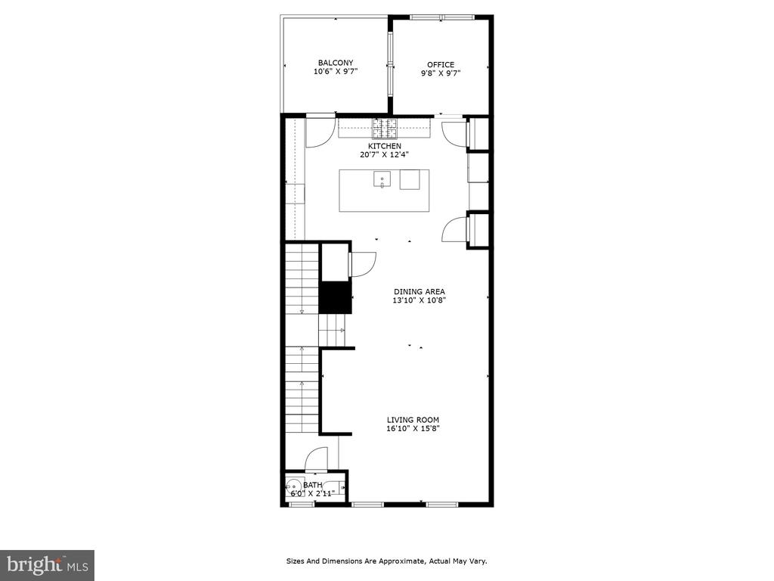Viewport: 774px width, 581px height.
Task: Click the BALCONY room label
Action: tap(336, 63)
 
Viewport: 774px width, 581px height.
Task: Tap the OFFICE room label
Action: tap(441, 65)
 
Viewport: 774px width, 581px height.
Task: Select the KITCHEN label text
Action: tap(385, 146)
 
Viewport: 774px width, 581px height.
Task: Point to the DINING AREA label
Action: tap(419, 291)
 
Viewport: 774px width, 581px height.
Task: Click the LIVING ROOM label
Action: tap(413, 420)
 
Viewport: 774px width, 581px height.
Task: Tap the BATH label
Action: tap(312, 485)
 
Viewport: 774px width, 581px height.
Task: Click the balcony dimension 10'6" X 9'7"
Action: tap(336, 71)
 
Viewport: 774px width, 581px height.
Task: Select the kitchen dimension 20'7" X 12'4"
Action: tap(385, 154)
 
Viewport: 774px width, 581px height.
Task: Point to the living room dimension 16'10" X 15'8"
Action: tap(413, 428)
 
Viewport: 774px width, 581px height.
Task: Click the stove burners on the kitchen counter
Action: tap(385, 129)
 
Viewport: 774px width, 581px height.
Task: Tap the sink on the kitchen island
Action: tap(382, 180)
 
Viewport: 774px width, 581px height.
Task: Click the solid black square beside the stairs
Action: tap(335, 297)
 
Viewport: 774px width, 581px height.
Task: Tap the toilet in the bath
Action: tap(294, 487)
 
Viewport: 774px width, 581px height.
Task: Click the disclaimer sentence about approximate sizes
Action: tap(387, 561)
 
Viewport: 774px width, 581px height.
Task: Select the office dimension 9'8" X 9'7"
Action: tap(441, 73)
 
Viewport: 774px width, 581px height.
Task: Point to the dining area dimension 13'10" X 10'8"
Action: tap(419, 300)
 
